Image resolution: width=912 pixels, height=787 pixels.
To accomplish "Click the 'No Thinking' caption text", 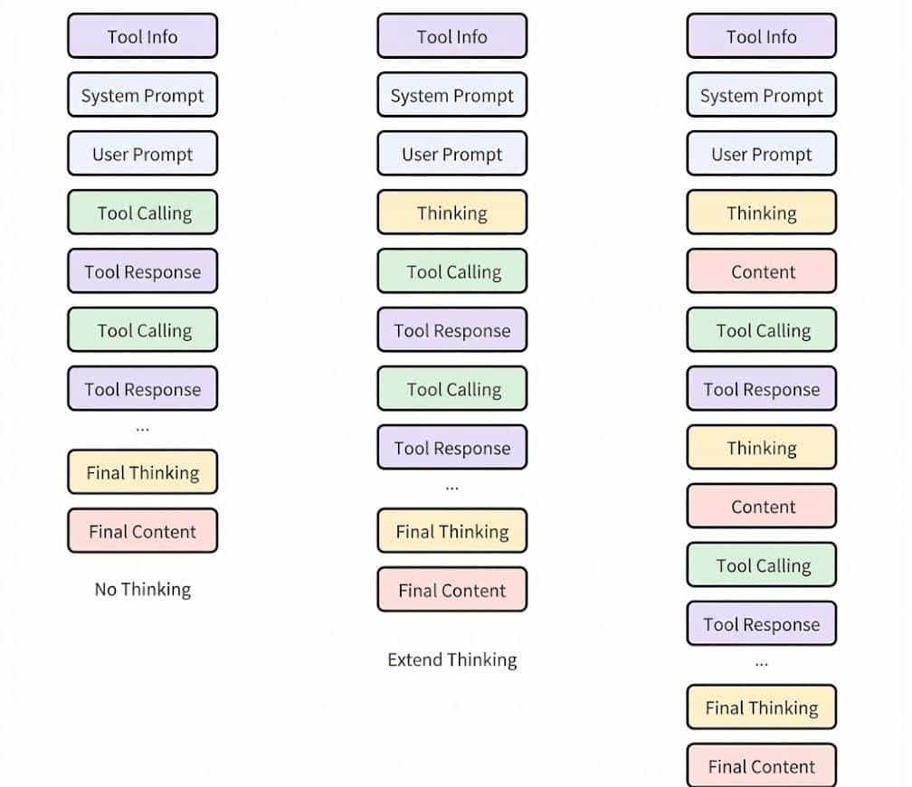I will pyautogui.click(x=143, y=590).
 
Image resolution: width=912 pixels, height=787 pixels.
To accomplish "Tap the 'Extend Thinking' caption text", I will pyautogui.click(x=452, y=659).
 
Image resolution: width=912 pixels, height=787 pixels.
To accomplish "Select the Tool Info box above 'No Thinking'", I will pyautogui.click(x=143, y=37).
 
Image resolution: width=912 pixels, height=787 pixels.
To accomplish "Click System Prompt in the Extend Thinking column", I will pyautogui.click(x=452, y=96).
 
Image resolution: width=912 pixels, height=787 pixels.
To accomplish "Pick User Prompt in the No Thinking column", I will pyautogui.click(x=143, y=155).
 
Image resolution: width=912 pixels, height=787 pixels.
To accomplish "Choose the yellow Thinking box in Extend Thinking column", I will pyautogui.click(x=452, y=213).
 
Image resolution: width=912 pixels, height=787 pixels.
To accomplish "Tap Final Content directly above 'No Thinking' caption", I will pyautogui.click(x=143, y=531).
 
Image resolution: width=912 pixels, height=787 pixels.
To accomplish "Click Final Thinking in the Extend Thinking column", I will pyautogui.click(x=452, y=531).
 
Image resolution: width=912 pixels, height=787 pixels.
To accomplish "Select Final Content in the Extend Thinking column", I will pyautogui.click(x=452, y=591).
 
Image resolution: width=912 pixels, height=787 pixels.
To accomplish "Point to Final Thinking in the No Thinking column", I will pyautogui.click(x=143, y=472).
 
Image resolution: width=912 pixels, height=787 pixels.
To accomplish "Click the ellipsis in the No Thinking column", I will pyautogui.click(x=143, y=428).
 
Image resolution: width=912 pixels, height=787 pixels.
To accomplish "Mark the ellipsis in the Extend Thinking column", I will pyautogui.click(x=452, y=488).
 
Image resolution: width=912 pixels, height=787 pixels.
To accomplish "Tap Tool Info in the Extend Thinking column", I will pyautogui.click(x=452, y=37).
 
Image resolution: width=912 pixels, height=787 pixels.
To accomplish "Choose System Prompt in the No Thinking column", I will pyautogui.click(x=143, y=96).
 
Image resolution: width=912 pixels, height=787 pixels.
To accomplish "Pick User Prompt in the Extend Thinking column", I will pyautogui.click(x=452, y=155).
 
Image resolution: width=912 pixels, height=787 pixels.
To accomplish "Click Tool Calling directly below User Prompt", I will pyautogui.click(x=143, y=213).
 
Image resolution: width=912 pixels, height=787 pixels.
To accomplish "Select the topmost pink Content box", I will pyautogui.click(x=762, y=272).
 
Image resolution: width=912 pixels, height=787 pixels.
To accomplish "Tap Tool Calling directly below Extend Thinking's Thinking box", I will pyautogui.click(x=452, y=272).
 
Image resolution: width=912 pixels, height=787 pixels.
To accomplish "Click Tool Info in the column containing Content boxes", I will pyautogui.click(x=762, y=37).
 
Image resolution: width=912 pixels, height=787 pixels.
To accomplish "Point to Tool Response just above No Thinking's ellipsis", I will pyautogui.click(x=143, y=390).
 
